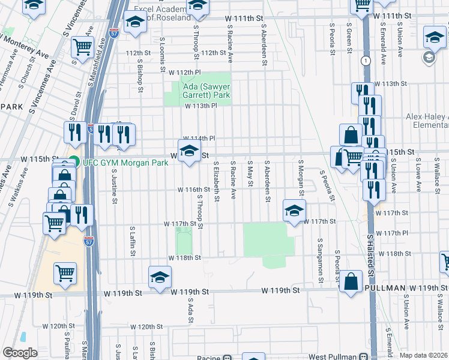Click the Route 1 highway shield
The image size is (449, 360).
[x=364, y=61]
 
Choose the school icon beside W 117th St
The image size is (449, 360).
[x=294, y=211]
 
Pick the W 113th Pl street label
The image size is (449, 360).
[x=200, y=106]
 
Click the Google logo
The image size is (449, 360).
[x=20, y=353]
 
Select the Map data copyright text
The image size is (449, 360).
[x=423, y=355]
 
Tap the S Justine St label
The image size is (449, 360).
[x=113, y=185]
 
